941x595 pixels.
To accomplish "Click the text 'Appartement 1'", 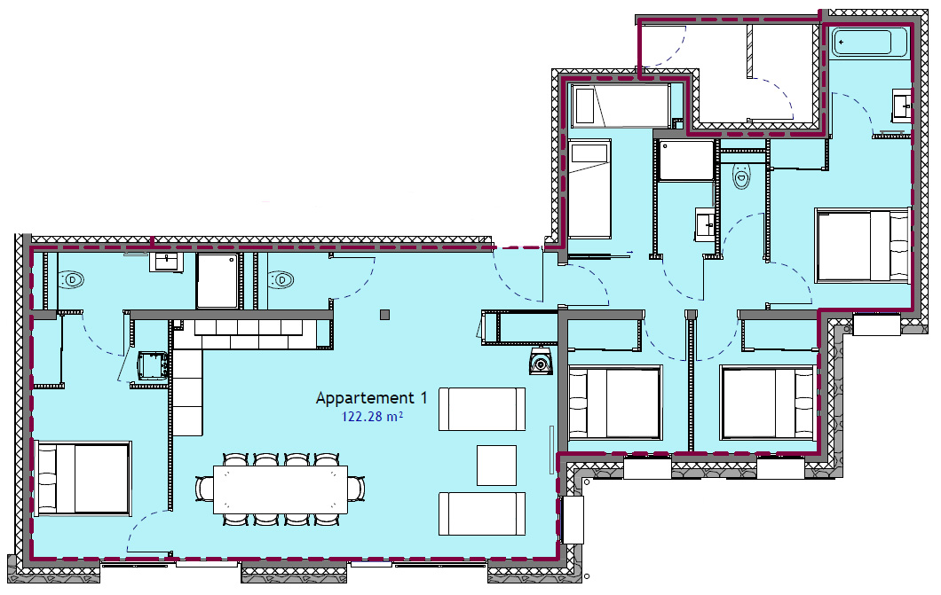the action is click(x=371, y=398).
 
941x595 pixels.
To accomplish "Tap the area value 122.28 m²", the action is click(x=372, y=417).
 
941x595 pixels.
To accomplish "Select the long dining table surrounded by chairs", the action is click(x=281, y=489).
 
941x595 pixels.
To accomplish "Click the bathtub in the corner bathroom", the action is click(x=870, y=42).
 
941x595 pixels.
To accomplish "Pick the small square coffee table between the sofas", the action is click(x=496, y=465).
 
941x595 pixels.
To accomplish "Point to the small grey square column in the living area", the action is click(x=384, y=315).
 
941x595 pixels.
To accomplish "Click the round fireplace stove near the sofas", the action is click(x=541, y=362).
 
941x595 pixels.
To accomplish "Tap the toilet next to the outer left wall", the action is click(x=71, y=279).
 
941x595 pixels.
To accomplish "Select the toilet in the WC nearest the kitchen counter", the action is click(x=281, y=279).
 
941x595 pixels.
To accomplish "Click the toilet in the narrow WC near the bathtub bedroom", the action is click(x=741, y=175).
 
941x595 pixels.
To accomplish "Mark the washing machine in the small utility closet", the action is click(x=153, y=365).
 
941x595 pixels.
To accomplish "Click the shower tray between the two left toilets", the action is click(x=217, y=280).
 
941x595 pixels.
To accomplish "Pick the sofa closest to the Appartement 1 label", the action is click(x=482, y=409).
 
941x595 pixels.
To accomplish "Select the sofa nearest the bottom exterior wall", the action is click(x=482, y=513).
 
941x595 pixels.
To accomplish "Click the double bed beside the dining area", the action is click(x=83, y=478).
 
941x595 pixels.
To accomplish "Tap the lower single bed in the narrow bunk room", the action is click(x=590, y=190).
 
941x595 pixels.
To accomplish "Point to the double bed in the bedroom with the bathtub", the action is click(x=862, y=245).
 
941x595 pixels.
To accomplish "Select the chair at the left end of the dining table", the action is click(x=204, y=489).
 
